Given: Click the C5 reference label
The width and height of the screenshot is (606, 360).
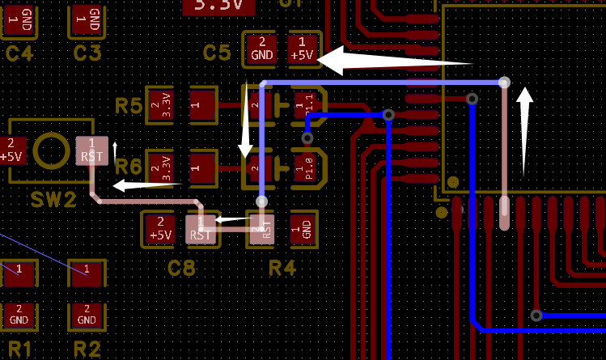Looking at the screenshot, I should pos(217,53).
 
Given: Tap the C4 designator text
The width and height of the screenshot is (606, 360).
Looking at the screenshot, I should pos(19,54).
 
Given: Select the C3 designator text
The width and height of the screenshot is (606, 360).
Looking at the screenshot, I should pos(87,54).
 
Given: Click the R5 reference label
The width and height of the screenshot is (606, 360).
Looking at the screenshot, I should pos(129,105).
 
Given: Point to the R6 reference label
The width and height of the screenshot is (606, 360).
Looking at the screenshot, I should pos(129,167).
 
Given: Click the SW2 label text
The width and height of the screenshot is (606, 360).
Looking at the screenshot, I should pos(53,198).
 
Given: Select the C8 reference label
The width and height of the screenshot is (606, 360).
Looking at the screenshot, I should pos(182,268).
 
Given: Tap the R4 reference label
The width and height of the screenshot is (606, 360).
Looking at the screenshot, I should pos(282,268).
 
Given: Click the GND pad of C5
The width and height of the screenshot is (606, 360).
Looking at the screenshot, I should pos(261,49).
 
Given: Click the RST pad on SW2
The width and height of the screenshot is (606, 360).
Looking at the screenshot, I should pos(91,150).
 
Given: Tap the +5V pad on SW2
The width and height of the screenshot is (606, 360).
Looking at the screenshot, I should pos(12,150).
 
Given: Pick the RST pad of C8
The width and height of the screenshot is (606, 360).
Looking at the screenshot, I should pos(200,229).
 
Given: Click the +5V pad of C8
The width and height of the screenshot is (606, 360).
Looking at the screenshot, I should pos(160,229).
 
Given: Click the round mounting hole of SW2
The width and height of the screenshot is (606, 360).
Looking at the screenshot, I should pos(52,150).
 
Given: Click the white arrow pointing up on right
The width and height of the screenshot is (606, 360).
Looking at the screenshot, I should pos(524,129).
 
